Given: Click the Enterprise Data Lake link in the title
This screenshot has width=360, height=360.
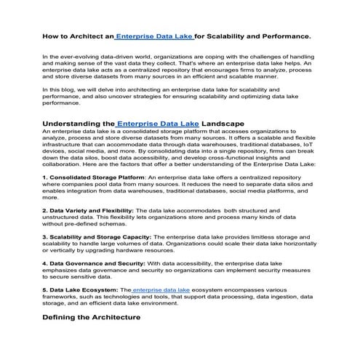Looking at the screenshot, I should [x=153, y=36].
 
